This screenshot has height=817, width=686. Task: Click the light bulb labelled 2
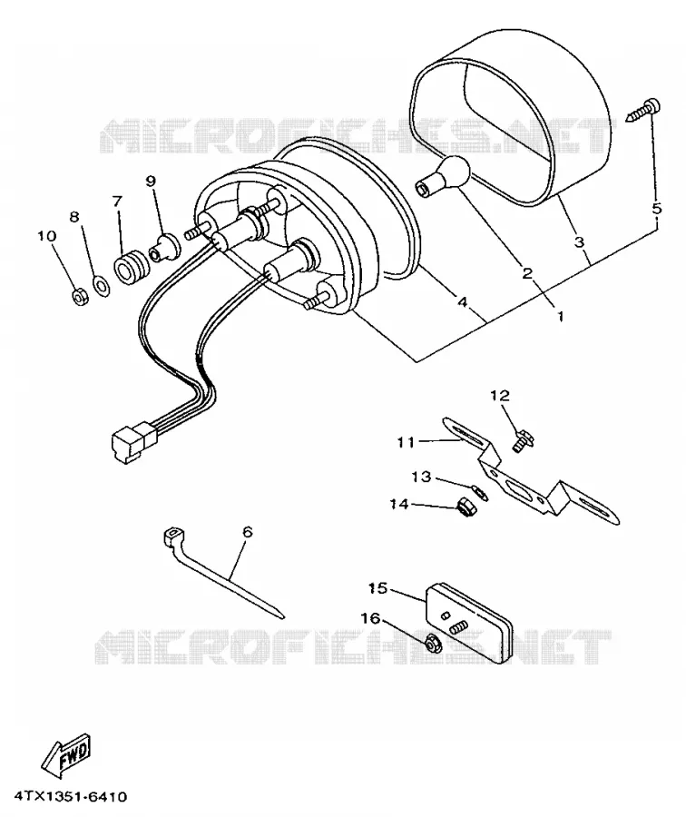pyautogui.click(x=443, y=177)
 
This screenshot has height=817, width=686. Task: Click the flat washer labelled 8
pyautogui.click(x=102, y=286)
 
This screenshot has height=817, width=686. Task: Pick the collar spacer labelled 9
pyautogui.click(x=163, y=249)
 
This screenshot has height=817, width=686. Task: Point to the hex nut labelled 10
pyautogui.click(x=79, y=298)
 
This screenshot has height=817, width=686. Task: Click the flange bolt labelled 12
pyautogui.click(x=522, y=441)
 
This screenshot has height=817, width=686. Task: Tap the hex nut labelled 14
pyautogui.click(x=464, y=507)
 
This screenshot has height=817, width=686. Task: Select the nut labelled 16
pyautogui.click(x=431, y=645)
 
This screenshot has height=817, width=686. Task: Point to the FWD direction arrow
pyautogui.click(x=66, y=754)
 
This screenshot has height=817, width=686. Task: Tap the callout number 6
pyautogui.click(x=248, y=531)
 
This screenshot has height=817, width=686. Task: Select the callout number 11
pyautogui.click(x=406, y=442)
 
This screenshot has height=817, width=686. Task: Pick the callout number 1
pyautogui.click(x=561, y=316)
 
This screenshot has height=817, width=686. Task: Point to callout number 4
pyautogui.click(x=462, y=301)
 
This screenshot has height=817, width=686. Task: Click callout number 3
pyautogui.click(x=579, y=241)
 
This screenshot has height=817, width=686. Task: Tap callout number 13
pyautogui.click(x=421, y=477)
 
